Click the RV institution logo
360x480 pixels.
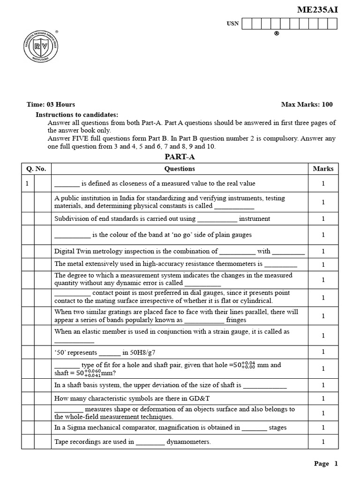pos(41,52)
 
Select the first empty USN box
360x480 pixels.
pos(247,24)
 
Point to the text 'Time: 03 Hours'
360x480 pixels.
pos(51,105)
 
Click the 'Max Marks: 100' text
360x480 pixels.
pos(307,105)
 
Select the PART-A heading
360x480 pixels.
pos(180,157)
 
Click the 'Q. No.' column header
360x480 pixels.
pos(36,169)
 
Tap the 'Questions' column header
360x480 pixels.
pos(180,169)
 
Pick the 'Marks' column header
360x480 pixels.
pos(323,169)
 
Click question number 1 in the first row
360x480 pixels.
pos(27,184)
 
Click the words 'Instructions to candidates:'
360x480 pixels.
pos(77,115)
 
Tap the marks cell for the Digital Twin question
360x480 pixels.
pos(323,251)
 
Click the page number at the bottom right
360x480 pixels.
pos(336,464)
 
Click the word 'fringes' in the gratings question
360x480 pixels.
pos(236,320)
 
